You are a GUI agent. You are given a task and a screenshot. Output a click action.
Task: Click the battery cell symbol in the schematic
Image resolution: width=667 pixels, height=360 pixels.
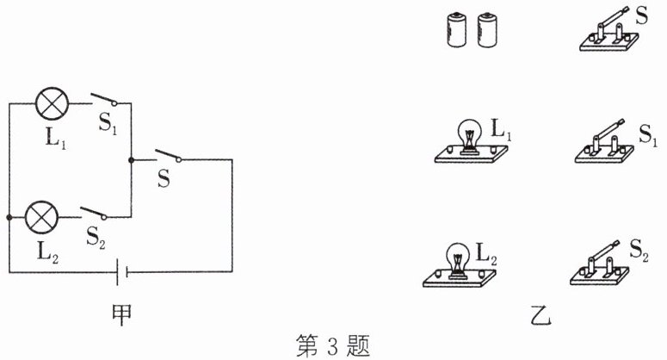[x=121, y=272]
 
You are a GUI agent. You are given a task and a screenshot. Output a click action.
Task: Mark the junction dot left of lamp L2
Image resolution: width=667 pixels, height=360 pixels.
[x=9, y=217]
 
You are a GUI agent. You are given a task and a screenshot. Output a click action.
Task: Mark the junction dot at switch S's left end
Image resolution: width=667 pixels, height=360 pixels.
[x=131, y=159]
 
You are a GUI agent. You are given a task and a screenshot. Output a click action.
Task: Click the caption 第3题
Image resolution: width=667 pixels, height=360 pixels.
[x=332, y=346]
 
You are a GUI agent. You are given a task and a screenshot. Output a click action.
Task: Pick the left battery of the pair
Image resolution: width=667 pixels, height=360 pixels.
[x=452, y=33]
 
